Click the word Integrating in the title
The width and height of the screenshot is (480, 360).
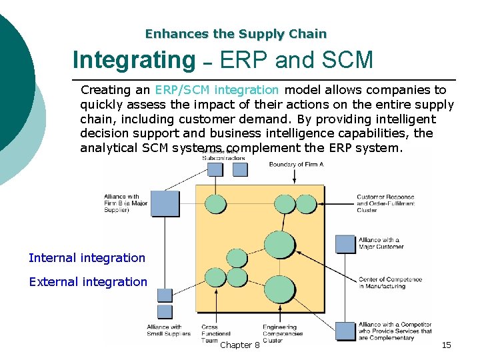coord(133,60)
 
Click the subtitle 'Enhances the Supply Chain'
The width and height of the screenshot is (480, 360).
coord(236,33)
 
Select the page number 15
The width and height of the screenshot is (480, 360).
coord(447,345)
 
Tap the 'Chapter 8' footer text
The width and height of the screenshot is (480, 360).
coord(240,345)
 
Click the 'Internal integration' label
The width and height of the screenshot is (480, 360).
coord(87,258)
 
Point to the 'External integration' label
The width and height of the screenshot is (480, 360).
coord(88,282)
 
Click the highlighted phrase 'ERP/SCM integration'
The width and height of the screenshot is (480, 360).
coord(217,89)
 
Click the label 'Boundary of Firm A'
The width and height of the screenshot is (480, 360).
coord(296,164)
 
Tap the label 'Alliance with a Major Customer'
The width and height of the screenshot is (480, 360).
coord(381,243)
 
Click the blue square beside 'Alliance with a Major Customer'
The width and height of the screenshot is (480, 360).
coord(345,244)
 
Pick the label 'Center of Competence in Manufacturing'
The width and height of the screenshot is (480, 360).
coord(381,283)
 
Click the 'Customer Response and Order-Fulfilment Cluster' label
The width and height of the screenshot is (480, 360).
coord(385,203)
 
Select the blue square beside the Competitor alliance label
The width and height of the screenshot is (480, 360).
coord(345,331)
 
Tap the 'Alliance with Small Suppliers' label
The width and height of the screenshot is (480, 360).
coord(169,330)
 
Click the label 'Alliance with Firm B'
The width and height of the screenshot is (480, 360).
coord(125,203)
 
